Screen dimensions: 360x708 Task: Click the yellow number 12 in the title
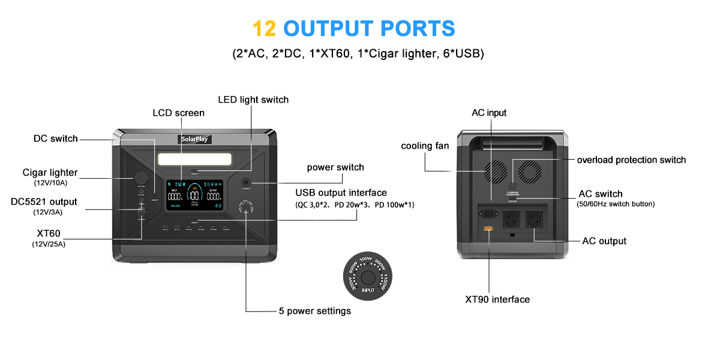point(264,28)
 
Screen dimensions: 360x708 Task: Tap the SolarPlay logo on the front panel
point(196,139)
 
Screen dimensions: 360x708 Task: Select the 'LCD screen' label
point(178,113)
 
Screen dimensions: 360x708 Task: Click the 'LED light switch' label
point(253,100)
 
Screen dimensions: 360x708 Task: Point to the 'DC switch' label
point(55,139)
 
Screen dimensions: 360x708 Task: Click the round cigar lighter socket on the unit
point(141,178)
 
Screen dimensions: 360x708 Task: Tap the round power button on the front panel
point(246,182)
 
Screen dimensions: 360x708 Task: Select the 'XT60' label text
point(49,233)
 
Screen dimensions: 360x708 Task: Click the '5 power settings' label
point(314,311)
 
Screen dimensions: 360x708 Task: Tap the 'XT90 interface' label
point(497,299)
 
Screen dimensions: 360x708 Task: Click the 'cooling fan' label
point(425,146)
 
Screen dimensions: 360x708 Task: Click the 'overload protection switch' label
point(631,160)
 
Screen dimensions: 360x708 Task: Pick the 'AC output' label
point(604,241)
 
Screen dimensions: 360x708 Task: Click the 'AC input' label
point(488,113)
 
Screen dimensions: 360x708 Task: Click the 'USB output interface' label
point(341,193)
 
